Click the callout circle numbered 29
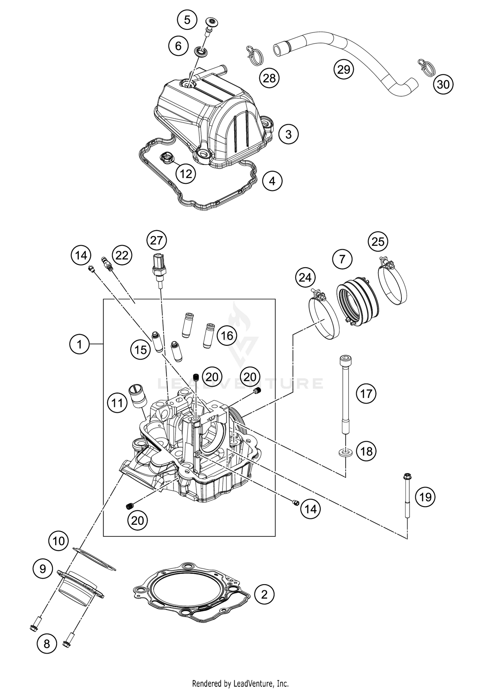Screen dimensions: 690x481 pyautogui.click(x=344, y=69)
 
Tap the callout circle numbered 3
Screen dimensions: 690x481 pyautogui.click(x=288, y=134)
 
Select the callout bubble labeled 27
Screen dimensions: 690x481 pyautogui.click(x=156, y=240)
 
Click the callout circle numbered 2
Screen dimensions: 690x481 pyautogui.click(x=264, y=595)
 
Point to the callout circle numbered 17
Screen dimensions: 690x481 pyautogui.click(x=366, y=393)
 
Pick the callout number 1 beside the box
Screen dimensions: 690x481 pyautogui.click(x=79, y=344)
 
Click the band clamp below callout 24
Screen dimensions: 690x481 pyautogui.click(x=324, y=316)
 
